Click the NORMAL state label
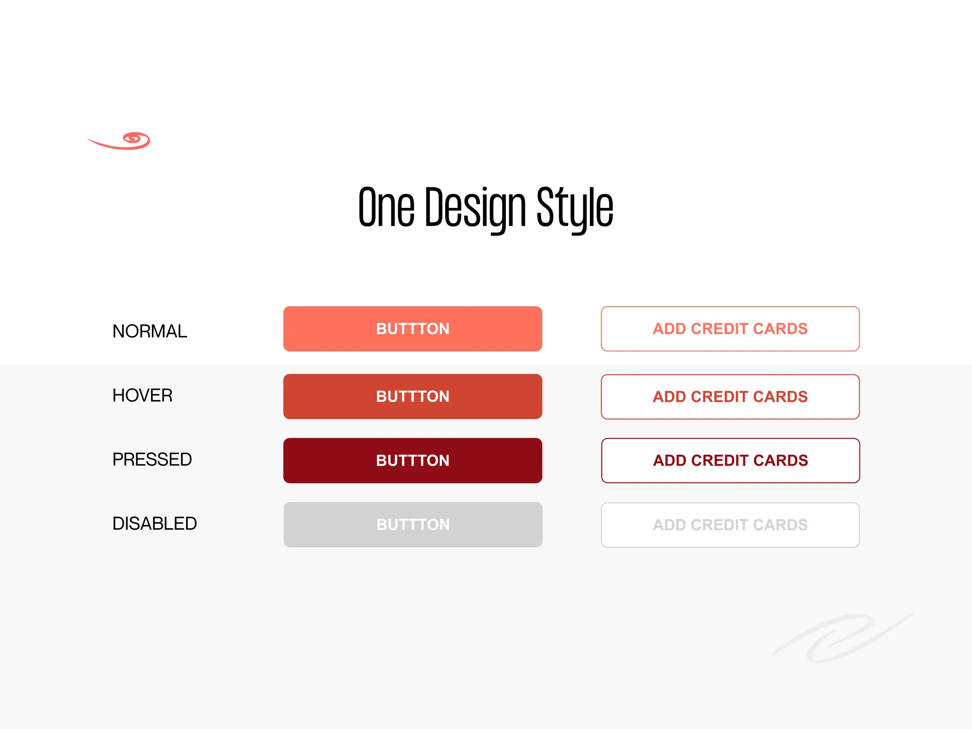coord(150,331)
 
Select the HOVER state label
coord(142,395)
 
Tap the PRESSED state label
coord(152,459)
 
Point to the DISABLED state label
coord(154,523)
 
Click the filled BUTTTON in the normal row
coord(412,329)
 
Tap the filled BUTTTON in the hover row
coord(412,396)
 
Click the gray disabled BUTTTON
coord(412,524)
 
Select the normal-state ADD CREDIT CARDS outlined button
coord(730,329)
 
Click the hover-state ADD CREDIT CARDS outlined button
coord(730,397)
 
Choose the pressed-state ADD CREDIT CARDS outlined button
coord(730,460)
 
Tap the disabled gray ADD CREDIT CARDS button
coord(730,525)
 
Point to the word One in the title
coord(386,207)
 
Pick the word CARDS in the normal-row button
coord(780,329)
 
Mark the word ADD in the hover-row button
coord(669,397)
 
